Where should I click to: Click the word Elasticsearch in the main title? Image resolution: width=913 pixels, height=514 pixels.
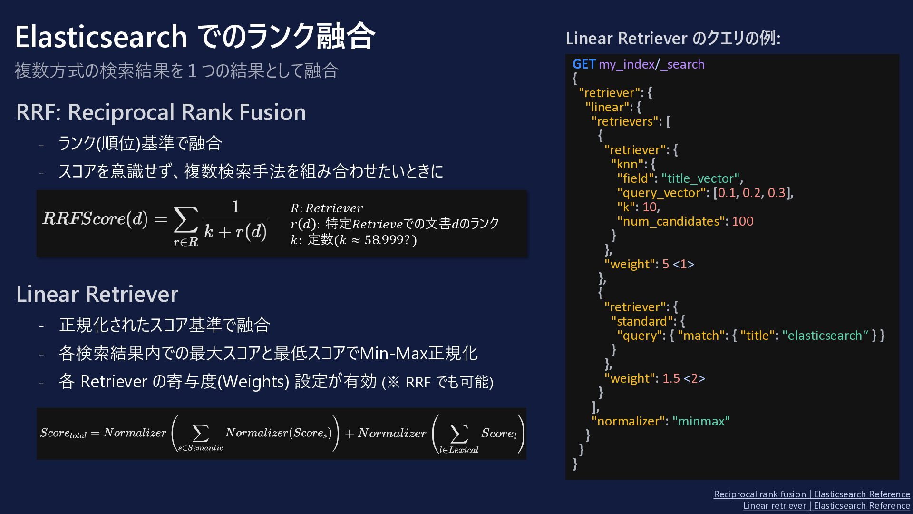[101, 37]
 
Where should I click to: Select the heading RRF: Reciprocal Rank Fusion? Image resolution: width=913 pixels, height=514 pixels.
[161, 112]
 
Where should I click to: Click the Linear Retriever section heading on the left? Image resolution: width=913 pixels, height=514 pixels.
[97, 294]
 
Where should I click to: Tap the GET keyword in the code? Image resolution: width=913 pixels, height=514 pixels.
[584, 64]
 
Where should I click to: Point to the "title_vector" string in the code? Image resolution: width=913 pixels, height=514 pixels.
[700, 178]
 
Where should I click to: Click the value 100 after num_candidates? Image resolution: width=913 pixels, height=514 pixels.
[743, 221]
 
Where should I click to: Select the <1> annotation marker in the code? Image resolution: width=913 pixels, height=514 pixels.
[683, 264]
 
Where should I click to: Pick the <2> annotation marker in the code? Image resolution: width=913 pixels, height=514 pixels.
[694, 378]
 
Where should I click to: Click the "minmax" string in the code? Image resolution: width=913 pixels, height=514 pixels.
[701, 421]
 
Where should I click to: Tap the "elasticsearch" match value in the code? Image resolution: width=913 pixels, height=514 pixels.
[825, 336]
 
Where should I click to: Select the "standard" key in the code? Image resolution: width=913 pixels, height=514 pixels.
[642, 321]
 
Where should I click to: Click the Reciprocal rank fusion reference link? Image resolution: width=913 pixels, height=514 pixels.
[812, 494]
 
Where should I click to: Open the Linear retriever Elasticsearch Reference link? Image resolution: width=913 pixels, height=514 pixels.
[826, 505]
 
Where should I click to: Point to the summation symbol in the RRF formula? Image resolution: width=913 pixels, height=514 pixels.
[185, 220]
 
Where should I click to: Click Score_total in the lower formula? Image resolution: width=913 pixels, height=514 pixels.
[63, 433]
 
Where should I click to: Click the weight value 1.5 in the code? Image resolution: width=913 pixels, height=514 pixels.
[671, 378]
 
